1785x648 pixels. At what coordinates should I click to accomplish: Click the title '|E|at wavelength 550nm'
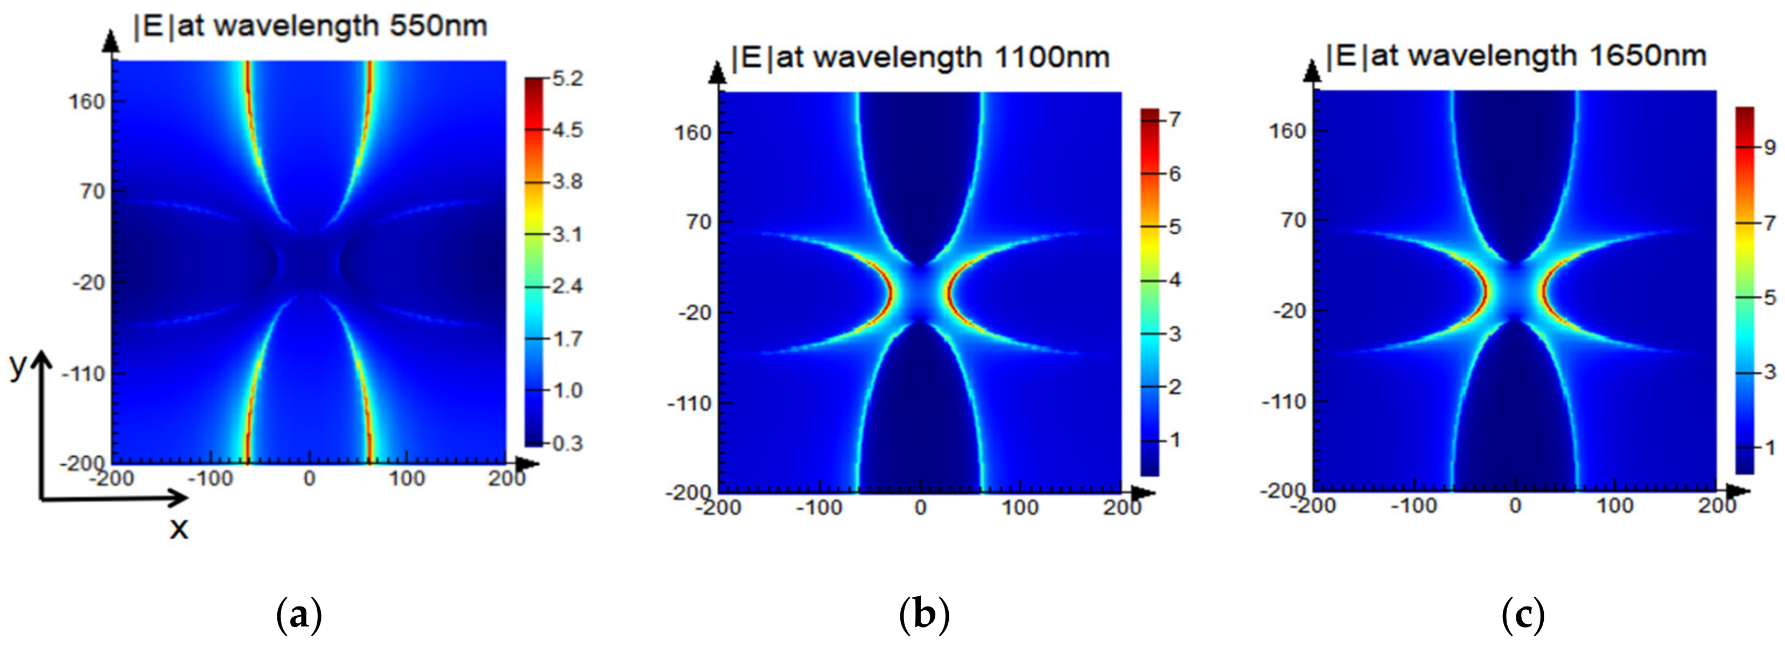[x=310, y=27]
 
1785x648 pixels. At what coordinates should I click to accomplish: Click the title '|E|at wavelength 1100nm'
[x=920, y=57]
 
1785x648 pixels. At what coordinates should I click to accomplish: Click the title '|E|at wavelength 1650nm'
[x=1515, y=55]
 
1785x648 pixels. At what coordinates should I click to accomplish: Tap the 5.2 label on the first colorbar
[x=567, y=78]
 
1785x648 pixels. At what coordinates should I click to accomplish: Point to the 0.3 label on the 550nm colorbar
[x=567, y=443]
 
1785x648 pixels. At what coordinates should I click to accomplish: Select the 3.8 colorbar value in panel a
[x=567, y=182]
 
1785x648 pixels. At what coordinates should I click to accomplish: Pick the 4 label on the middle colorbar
[x=1174, y=280]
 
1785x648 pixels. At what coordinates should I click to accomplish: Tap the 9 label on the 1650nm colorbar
[x=1769, y=147]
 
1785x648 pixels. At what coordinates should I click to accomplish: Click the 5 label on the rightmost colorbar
[x=1769, y=298]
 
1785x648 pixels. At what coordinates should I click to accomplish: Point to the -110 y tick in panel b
[x=689, y=403]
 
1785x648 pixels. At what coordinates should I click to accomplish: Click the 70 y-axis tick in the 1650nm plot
[x=1293, y=220]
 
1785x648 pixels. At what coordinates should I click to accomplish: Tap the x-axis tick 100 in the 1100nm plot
[x=1020, y=508]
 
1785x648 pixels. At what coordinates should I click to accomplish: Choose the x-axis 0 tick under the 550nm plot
[x=309, y=478]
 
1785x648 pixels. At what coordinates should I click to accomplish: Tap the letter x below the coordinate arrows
[x=179, y=529]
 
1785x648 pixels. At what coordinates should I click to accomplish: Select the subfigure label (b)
[x=923, y=614]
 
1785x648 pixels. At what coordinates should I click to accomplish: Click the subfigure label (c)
[x=1522, y=614]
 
